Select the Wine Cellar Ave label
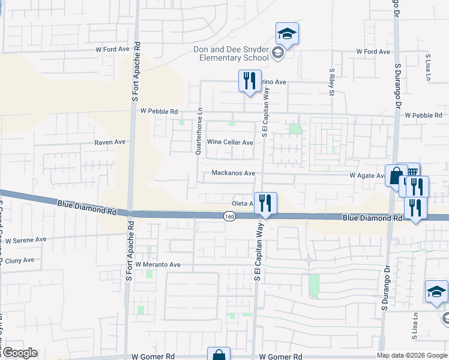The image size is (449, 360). tap(230, 143)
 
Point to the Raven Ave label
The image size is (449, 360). tap(110, 142)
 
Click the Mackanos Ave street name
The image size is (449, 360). tap(234, 173)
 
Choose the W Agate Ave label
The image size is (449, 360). tap(367, 176)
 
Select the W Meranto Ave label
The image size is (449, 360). tap(158, 265)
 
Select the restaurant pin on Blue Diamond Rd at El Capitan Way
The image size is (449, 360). tap(264, 203)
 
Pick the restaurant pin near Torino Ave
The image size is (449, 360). tap(249, 80)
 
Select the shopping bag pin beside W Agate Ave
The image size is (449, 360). tap(396, 176)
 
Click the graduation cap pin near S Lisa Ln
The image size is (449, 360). tap(436, 292)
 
